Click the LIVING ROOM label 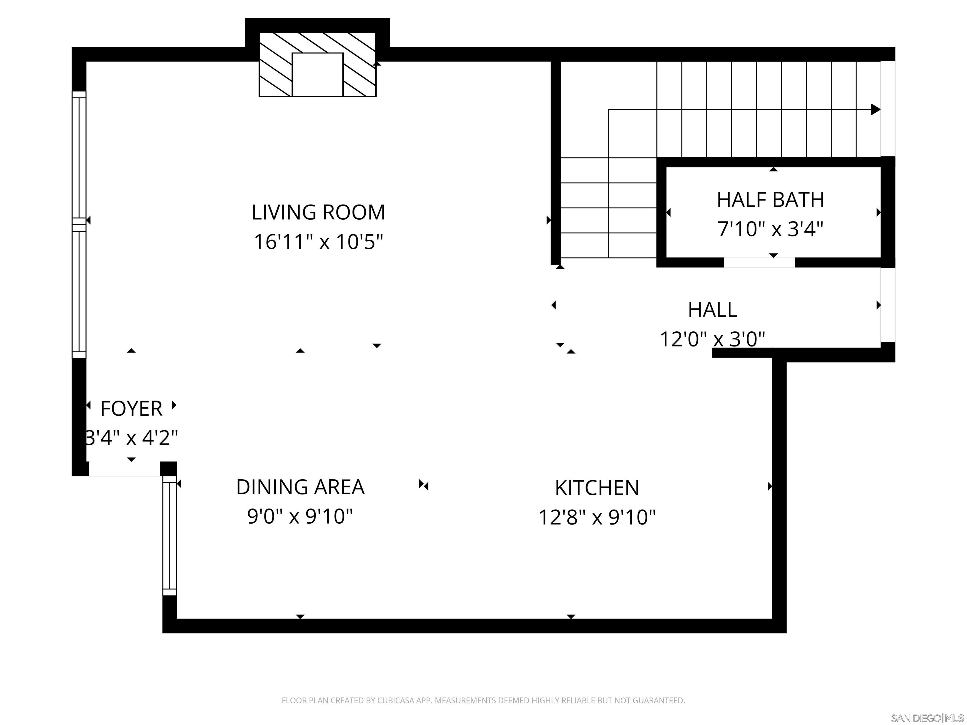click(318, 212)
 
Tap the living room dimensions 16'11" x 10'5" click(318, 242)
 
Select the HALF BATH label click(770, 200)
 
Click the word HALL click(713, 310)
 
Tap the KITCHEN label click(597, 488)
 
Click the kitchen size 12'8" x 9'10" click(597, 517)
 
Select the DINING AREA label click(300, 487)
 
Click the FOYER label click(131, 409)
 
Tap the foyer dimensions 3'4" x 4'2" click(131, 437)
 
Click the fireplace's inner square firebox click(317, 74)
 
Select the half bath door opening click(759, 262)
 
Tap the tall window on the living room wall click(79, 225)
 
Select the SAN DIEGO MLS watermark click(927, 718)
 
